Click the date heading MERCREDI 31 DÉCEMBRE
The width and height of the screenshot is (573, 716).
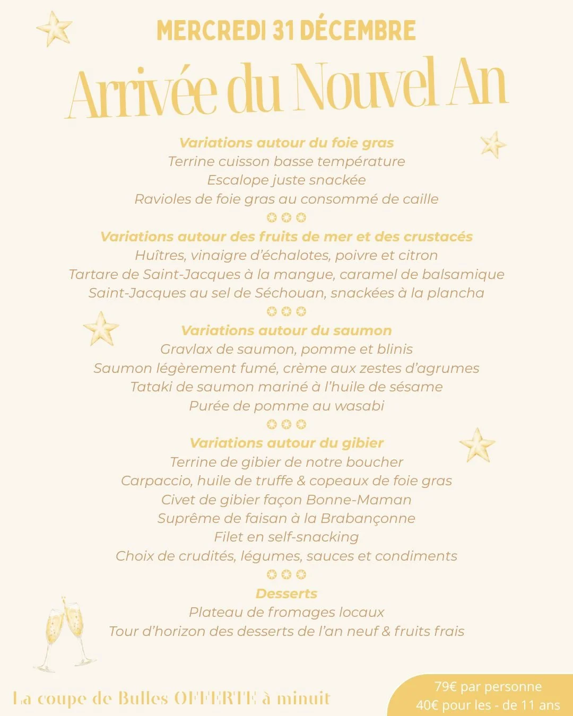tap(286, 31)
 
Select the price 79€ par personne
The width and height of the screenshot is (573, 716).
tap(488, 687)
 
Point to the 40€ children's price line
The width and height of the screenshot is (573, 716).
tap(488, 705)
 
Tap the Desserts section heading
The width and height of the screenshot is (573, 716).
tap(286, 593)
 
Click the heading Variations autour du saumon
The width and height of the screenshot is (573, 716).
tap(286, 330)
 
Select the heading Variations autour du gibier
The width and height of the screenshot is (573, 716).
tap(286, 443)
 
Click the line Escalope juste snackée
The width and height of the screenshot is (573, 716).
tap(286, 180)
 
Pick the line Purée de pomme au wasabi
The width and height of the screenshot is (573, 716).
tap(286, 406)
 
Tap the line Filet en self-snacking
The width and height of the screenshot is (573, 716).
tap(286, 537)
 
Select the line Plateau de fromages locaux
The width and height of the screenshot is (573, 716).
tap(286, 612)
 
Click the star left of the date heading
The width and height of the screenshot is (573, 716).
tap(54, 29)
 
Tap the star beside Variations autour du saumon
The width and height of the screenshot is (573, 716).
tap(101, 329)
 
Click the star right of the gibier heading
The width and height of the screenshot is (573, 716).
tap(477, 444)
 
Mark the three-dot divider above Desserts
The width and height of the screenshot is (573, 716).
tap(286, 574)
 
